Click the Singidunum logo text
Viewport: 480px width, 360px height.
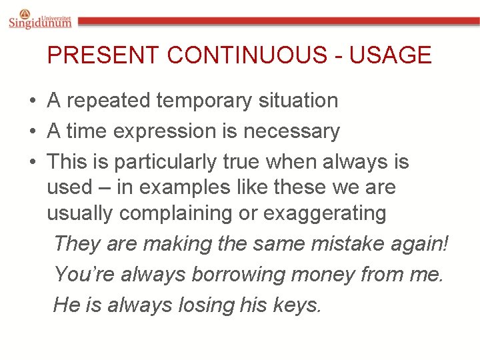coord(40,23)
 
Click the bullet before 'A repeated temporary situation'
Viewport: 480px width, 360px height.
coord(32,101)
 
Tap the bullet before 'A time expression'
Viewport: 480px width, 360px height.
coord(32,132)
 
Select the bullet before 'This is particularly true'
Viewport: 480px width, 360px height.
coord(32,163)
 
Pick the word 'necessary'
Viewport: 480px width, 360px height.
coord(291,132)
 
